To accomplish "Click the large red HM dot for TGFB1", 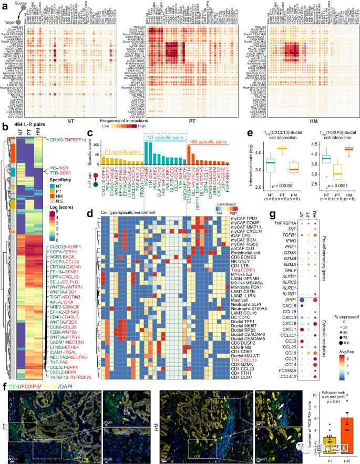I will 315,218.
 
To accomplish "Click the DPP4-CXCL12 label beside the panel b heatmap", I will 68,260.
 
